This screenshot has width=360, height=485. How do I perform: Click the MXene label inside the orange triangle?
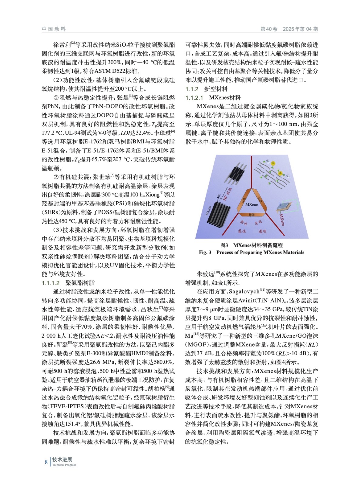[251, 204]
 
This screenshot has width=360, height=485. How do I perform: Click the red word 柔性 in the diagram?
[242, 231]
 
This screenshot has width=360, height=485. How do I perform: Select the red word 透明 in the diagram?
[262, 231]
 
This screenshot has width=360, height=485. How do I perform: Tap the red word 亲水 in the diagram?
[244, 223]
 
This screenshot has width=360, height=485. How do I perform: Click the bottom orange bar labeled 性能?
[251, 215]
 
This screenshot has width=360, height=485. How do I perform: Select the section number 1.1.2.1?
[194, 98]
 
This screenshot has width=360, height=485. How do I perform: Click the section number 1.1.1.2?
[51, 283]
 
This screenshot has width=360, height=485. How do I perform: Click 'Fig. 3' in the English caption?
[205, 252]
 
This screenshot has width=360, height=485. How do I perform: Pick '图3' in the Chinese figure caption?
[224, 245]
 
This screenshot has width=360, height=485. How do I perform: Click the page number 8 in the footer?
[46, 462]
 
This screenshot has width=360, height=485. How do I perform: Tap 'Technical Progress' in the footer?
[64, 465]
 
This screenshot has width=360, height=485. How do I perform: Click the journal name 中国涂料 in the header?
[54, 29]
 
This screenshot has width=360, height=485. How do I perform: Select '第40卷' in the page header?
[269, 29]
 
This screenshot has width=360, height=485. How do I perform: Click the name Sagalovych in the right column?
[244, 292]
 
